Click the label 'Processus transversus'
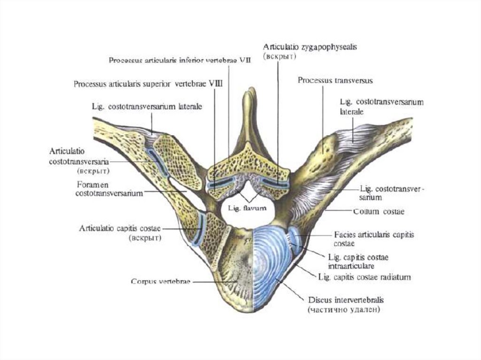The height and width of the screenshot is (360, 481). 335,81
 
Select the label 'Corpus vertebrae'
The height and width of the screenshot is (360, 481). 160,282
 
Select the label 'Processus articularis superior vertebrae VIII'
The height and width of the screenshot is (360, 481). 148,84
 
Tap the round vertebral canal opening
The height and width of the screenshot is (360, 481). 235,213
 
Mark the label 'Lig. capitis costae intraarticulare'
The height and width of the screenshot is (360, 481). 361,260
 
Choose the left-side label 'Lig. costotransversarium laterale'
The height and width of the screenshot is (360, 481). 147,107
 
